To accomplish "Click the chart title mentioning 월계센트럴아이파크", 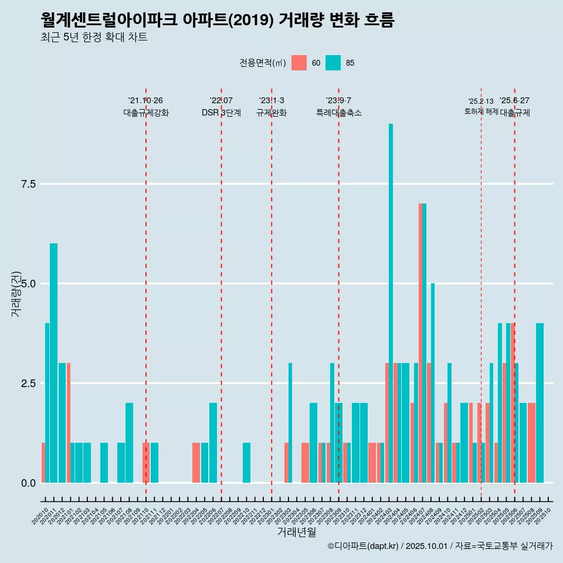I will click(218, 20).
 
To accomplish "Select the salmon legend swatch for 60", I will click(299, 63).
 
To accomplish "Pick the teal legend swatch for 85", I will click(333, 63).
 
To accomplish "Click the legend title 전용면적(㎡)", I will click(262, 63).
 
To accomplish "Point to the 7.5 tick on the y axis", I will click(28, 184).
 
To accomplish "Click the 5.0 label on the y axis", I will click(28, 284).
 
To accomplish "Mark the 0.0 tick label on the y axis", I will click(28, 483).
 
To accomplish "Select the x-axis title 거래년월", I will click(296, 533).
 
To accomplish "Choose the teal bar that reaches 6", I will click(53, 363).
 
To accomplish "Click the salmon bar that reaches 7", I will click(420, 343).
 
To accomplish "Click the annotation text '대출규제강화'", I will click(146, 113).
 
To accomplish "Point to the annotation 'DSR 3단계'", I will click(221, 113).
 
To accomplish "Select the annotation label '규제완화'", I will click(272, 113).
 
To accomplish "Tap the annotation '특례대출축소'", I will click(339, 113).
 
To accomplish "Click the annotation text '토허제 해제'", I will click(481, 111).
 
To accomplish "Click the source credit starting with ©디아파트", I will click(440, 546).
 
